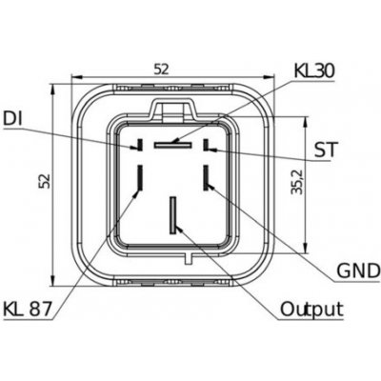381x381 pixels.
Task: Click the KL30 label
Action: pos(314,70)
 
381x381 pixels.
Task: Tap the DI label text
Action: pos(12,118)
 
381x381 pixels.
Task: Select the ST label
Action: pos(325,150)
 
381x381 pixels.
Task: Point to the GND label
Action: pos(358,271)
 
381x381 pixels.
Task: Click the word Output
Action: pos(312,309)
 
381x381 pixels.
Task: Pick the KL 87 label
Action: pos(28,309)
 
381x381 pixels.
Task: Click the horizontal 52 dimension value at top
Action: pos(162,69)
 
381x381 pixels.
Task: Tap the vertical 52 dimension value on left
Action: pos(46,181)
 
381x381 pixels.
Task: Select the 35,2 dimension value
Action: pos(297,182)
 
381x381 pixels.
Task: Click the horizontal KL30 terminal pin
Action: pos(173,145)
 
